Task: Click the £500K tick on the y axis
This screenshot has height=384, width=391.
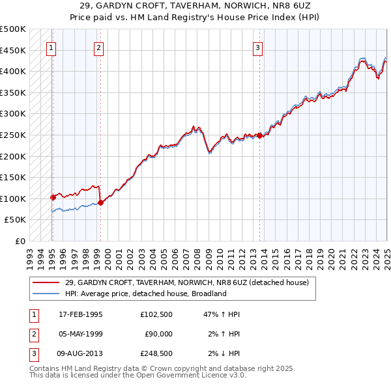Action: click(12, 29)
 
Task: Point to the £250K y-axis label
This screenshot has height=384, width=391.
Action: click(12, 135)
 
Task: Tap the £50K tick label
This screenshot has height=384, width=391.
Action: click(15, 220)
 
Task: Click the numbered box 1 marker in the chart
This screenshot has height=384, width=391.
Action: click(51, 47)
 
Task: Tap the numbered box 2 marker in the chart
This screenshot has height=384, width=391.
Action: click(98, 47)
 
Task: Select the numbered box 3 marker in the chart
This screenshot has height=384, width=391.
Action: click(258, 47)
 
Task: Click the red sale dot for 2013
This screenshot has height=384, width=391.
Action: click(259, 135)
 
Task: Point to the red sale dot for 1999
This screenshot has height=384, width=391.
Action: click(101, 202)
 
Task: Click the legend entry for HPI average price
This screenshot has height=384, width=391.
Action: click(145, 294)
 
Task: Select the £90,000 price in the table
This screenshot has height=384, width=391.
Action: click(158, 333)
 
